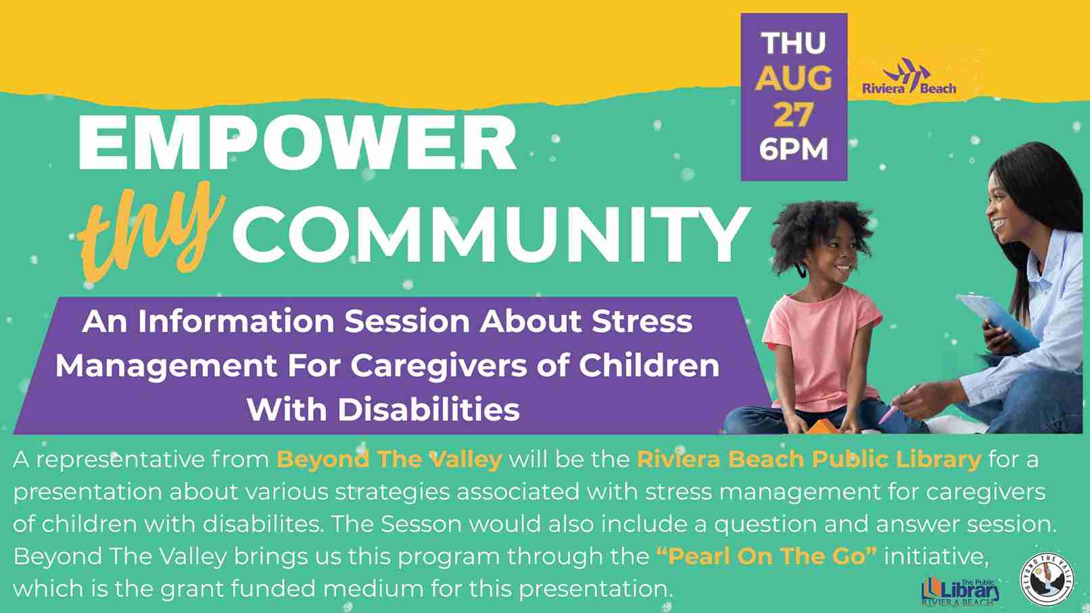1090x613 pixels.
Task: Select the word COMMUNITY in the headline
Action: pos(490,235)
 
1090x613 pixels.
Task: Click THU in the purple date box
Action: pos(794,43)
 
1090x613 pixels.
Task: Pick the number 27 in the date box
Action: pos(794,114)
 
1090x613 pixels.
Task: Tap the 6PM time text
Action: pos(794,149)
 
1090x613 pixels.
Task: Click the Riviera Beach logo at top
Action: pos(909,76)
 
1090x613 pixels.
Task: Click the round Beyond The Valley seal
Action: pos(1047,579)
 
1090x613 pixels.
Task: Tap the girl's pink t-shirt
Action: pos(822,348)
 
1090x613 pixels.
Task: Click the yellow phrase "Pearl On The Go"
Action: pos(766,556)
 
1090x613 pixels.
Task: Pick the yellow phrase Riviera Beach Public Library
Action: pos(809,460)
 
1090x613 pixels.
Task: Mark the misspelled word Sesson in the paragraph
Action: pos(421,524)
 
